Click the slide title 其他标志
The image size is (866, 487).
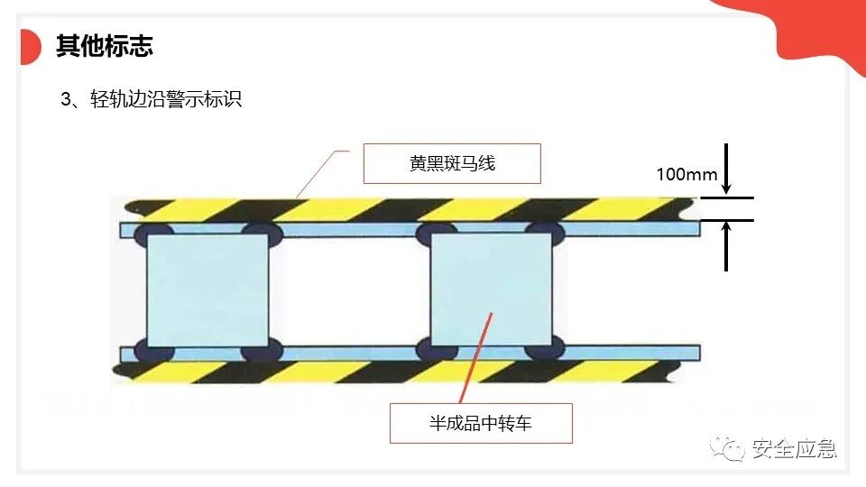coord(105,46)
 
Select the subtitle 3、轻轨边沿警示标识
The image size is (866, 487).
coord(152,100)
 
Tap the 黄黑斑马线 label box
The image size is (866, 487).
coord(451,164)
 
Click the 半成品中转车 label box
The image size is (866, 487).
coord(481,422)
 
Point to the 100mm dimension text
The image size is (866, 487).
coord(686,174)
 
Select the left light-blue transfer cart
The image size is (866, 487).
coord(207,290)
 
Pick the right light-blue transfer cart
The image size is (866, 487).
coord(492,290)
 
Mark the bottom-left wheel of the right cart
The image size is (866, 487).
coord(434,347)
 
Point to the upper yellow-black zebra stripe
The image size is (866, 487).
coord(406,209)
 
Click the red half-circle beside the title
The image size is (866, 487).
coord(30,47)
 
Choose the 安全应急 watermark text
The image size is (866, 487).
coord(794,448)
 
